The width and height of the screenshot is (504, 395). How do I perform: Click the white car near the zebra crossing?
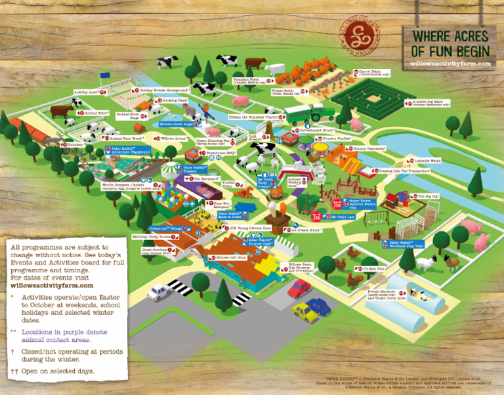tap(160, 291)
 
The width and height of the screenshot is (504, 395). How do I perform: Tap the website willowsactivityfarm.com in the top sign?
tap(450, 64)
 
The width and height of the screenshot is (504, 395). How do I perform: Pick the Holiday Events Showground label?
tap(164, 89)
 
